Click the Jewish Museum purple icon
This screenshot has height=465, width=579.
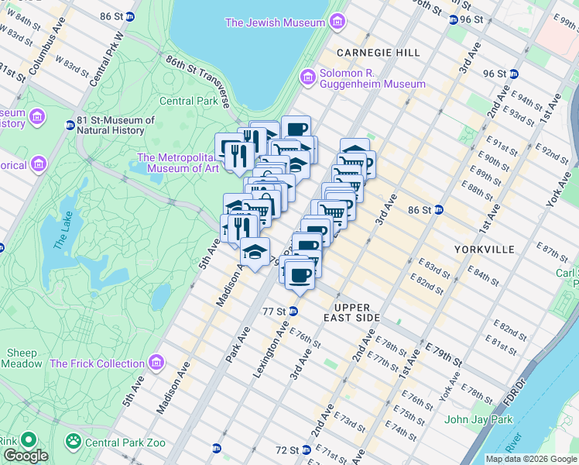[336, 22]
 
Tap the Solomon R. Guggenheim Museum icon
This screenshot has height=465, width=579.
[308, 77]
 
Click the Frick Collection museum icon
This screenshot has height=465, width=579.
[157, 363]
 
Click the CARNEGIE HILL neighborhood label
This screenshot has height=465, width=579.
[379, 53]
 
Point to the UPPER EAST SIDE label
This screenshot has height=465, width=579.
[358, 312]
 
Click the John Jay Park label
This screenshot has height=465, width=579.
[478, 420]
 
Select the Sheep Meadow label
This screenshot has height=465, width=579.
[22, 358]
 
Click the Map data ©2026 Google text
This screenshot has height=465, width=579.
[530, 459]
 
